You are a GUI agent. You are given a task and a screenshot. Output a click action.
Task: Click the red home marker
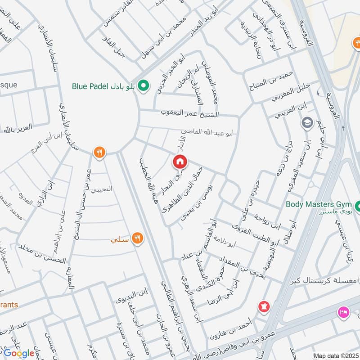(x=180, y=161)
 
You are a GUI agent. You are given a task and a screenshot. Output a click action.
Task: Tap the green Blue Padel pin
(x=144, y=85)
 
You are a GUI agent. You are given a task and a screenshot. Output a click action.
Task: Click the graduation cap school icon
(x=308, y=123)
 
